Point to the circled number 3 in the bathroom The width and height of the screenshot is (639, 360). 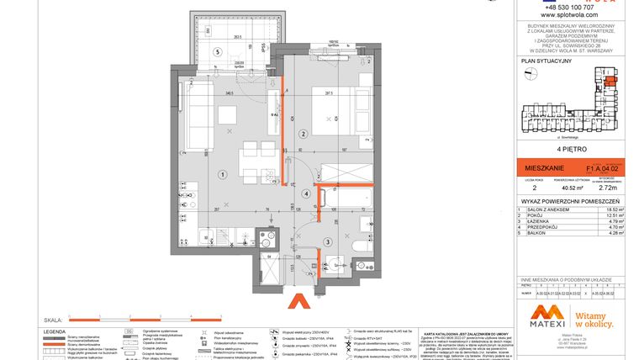click(327, 241)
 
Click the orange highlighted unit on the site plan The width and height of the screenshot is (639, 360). click(610, 82)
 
